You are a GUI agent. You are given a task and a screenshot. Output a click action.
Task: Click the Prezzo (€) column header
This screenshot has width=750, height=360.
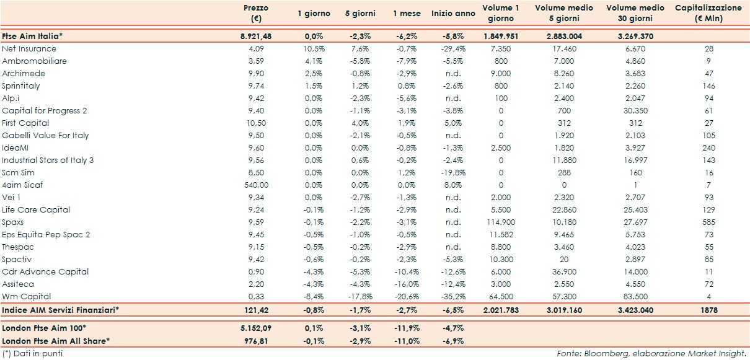255,13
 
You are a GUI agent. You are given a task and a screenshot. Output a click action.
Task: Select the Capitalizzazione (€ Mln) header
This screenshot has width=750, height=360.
707,13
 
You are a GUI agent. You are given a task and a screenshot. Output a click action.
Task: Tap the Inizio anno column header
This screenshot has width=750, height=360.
454,13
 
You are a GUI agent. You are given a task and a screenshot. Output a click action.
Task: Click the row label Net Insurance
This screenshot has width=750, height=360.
29,49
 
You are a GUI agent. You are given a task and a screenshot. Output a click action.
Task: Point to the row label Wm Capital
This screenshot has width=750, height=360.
27,297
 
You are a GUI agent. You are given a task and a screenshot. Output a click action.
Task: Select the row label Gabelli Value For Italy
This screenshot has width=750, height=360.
45,136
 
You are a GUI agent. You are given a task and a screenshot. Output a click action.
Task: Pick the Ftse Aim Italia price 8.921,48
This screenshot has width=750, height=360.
255,37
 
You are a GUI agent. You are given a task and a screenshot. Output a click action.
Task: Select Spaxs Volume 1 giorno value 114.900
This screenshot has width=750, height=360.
500,222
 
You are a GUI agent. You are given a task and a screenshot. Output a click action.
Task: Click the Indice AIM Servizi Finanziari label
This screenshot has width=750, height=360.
61,310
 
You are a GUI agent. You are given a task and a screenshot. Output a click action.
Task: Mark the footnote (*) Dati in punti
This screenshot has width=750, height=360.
32,353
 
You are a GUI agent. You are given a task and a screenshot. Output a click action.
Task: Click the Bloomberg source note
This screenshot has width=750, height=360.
650,353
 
